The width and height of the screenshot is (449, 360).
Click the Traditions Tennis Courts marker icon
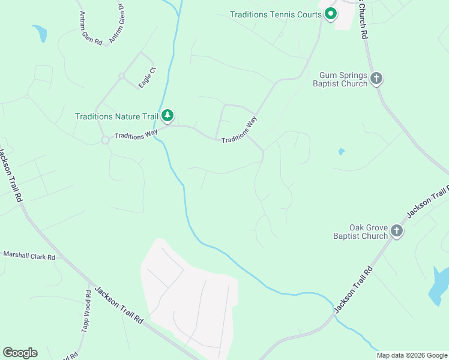pos(330,13)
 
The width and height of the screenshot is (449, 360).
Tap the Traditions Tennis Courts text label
pos(276,14)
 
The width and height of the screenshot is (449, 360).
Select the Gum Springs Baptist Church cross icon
pos(376,79)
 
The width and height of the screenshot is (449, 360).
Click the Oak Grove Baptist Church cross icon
pos(396,230)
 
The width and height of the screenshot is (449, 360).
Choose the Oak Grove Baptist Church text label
pos(360,232)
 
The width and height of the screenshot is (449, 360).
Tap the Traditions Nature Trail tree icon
pos(169,115)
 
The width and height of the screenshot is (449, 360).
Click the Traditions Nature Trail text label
pos(116,116)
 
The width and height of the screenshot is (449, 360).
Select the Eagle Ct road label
pos(147,79)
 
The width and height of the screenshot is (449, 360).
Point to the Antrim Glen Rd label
pos(90,29)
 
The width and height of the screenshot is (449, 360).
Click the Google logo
pos(20,353)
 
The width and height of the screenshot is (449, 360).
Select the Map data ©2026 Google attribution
pos(412,355)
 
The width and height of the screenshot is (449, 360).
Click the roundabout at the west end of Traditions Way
pos(104,140)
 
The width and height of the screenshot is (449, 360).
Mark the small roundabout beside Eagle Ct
pos(121,76)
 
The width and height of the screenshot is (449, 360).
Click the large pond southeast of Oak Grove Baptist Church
pos(438,284)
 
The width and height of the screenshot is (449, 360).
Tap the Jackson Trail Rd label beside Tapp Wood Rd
pos(120,305)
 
